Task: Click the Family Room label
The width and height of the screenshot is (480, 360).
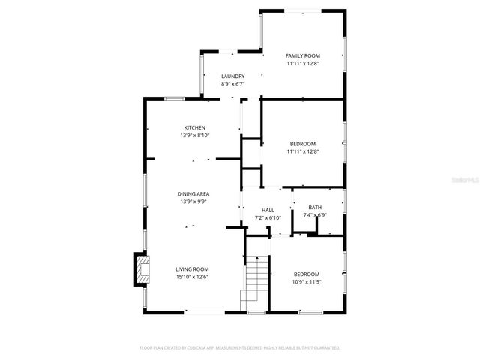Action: [x=303, y=56]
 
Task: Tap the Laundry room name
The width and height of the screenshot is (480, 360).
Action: [x=232, y=76]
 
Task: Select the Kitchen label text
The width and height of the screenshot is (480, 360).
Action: [x=194, y=127]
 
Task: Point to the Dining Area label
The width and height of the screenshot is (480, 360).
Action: [x=193, y=194]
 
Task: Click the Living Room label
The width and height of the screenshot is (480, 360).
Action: [x=192, y=269]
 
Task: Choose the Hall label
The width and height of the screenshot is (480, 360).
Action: [x=268, y=210]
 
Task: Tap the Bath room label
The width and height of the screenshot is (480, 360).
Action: [x=314, y=208]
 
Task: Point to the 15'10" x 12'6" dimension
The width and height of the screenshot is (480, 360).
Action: [x=192, y=277]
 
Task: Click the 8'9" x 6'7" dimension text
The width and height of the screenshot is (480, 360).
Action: [x=232, y=84]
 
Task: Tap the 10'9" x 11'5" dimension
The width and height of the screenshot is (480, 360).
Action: [x=306, y=281]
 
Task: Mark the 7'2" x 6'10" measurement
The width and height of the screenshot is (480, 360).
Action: [x=268, y=217]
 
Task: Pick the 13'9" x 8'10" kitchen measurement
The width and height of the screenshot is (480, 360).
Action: [x=194, y=136]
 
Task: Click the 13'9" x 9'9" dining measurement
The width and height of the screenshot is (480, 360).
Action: [x=193, y=202]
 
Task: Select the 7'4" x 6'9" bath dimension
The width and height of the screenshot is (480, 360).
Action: [x=314, y=215]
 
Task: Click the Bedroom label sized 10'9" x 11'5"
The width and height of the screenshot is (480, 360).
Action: [x=306, y=274]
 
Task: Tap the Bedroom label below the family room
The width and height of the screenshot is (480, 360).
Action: [x=303, y=144]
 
